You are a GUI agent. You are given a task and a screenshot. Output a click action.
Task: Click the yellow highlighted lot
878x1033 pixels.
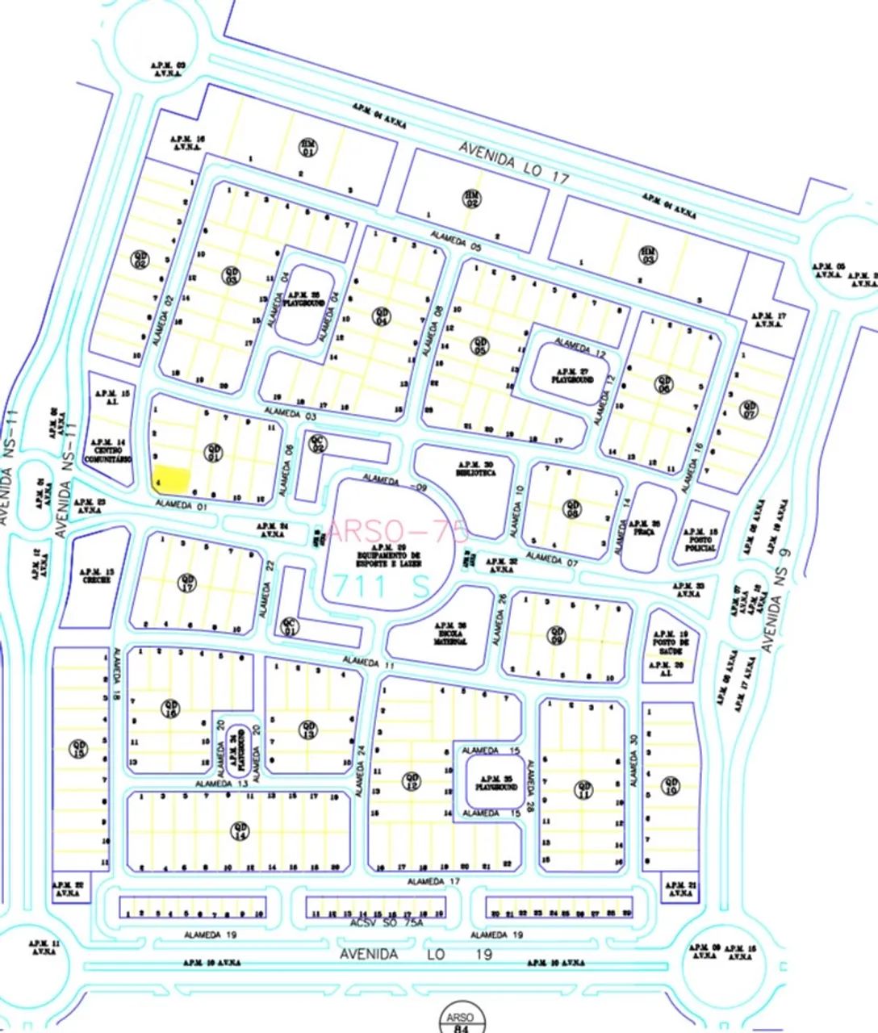click(x=172, y=478)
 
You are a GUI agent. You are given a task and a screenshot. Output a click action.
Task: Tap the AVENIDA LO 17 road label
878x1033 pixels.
click(x=515, y=165)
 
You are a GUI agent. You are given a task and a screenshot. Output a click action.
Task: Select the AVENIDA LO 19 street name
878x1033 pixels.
click(x=415, y=954)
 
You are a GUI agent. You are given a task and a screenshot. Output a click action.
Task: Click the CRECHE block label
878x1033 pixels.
click(x=97, y=575)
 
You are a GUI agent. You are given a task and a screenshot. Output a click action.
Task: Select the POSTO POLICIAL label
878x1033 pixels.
click(x=700, y=542)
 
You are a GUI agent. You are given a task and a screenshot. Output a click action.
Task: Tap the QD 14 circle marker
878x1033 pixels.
click(x=239, y=829)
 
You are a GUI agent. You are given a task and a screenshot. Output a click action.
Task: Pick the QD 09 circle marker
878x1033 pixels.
click(x=556, y=635)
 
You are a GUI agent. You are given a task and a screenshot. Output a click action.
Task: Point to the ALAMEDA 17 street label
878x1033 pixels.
click(x=433, y=881)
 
